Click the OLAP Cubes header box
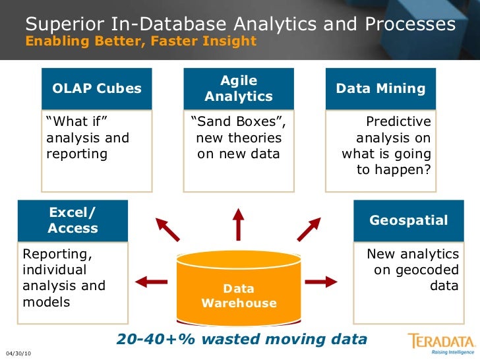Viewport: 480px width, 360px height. point(96,88)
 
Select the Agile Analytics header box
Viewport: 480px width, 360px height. point(239,88)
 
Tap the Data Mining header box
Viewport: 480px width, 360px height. point(381,88)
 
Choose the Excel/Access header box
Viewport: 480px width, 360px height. point(73,220)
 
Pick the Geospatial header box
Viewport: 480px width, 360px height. point(408,220)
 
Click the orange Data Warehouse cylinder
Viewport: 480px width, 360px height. point(239,284)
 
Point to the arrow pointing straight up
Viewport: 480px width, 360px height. point(239,224)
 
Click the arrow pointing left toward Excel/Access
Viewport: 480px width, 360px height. point(151,282)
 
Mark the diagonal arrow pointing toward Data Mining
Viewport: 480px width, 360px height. point(309,228)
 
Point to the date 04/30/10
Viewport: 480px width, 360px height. point(18,354)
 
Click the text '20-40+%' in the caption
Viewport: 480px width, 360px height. point(147,339)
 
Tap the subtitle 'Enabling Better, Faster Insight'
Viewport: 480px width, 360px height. point(140,41)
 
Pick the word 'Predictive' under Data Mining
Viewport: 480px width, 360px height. point(398,122)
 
